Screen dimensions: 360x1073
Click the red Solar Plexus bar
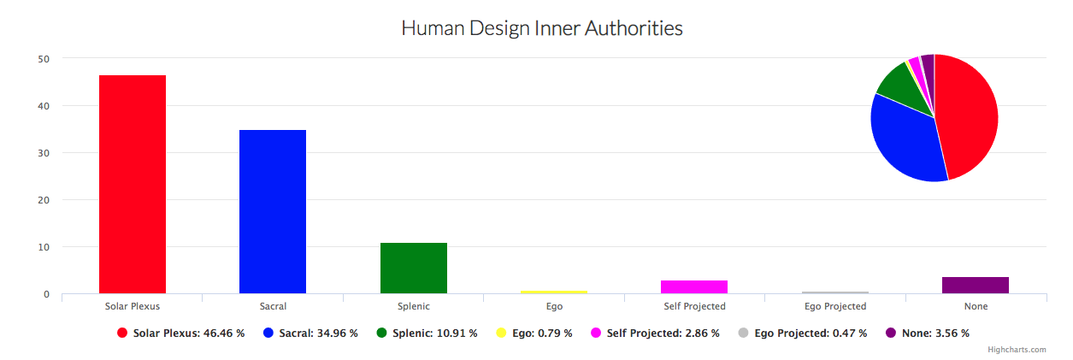(x=133, y=184)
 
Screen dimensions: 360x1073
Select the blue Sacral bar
(x=273, y=211)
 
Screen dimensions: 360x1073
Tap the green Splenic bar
(x=414, y=268)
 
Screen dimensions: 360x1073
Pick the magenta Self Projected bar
(x=694, y=286)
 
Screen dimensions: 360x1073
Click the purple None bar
(x=976, y=285)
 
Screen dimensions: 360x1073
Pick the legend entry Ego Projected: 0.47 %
(x=810, y=333)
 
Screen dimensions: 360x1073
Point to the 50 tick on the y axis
(x=44, y=59)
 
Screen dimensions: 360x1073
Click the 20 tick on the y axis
(x=44, y=200)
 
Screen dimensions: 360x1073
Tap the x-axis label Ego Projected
(x=835, y=306)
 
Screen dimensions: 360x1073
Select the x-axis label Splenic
(x=414, y=306)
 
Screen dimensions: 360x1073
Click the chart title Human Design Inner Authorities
(x=542, y=28)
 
